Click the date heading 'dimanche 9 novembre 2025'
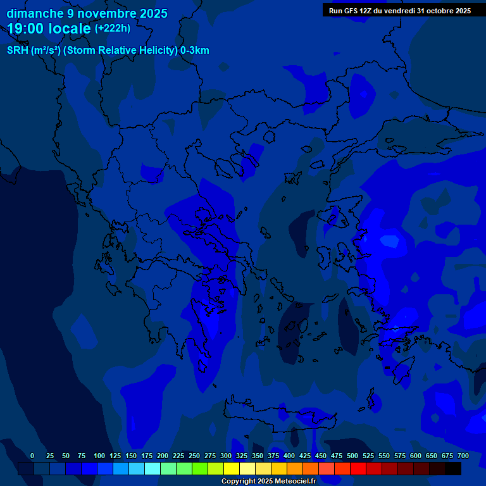[x=87, y=13]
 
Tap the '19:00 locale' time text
[x=49, y=28]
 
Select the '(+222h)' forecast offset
[x=113, y=28]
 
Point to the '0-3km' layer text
[x=195, y=51]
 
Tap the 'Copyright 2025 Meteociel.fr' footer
[x=268, y=482]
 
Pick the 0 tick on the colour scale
[x=32, y=456]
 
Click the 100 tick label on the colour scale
[x=99, y=456]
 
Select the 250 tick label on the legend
[x=194, y=456]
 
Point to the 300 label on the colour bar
[x=226, y=456]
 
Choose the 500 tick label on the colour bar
[x=352, y=456]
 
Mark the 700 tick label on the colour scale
[x=463, y=456]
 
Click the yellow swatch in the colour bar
[x=232, y=468]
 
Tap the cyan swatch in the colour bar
[x=153, y=468]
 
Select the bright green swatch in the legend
[x=200, y=468]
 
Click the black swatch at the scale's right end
[x=453, y=468]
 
